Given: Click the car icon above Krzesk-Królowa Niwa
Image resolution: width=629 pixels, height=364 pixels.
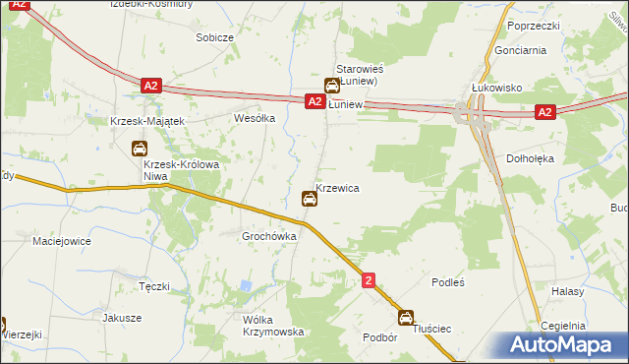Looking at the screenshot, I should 140,149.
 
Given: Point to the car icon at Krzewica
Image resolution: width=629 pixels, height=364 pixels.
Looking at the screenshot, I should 310,200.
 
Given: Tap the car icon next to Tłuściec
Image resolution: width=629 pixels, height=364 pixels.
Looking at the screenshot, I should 406,318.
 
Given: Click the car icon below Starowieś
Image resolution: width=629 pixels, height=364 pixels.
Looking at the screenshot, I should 333,86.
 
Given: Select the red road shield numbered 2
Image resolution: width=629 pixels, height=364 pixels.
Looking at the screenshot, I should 369,280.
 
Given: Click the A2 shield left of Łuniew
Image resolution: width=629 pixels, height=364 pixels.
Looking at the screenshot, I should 314,101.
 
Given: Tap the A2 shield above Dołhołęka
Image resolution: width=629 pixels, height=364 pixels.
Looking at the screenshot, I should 546,113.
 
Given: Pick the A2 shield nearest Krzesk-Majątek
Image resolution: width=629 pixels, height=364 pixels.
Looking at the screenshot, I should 149,87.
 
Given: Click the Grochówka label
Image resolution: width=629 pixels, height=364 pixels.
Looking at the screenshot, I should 269,236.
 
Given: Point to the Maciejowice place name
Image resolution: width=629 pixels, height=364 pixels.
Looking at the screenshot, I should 62,240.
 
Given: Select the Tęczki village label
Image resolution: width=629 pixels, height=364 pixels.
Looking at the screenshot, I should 154,286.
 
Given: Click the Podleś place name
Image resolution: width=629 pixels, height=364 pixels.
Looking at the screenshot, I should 447,281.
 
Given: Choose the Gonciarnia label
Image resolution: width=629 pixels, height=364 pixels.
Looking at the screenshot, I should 518,48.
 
